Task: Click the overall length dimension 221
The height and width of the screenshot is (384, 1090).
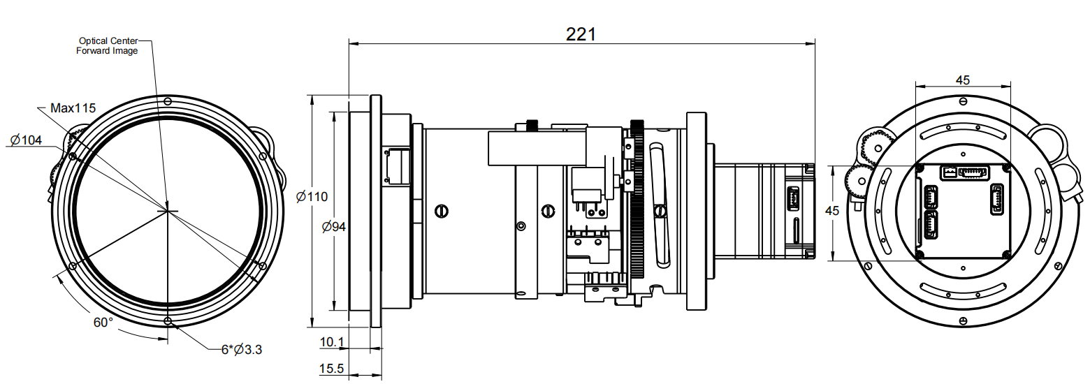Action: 581,34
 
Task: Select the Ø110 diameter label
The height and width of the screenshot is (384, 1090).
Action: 312,197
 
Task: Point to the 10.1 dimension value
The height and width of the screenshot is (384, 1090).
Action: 332,342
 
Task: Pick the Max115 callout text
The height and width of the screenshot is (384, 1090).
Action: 73,108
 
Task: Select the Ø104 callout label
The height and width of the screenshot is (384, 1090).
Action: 26,140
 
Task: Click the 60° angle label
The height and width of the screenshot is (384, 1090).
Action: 103,323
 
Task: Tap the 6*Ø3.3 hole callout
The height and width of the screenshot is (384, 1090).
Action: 242,349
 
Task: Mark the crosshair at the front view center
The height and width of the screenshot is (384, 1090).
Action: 168,210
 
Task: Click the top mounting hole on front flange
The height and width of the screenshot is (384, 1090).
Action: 168,101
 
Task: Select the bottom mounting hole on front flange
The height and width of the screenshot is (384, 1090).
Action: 168,320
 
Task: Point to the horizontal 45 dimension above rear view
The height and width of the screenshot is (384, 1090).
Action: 962,80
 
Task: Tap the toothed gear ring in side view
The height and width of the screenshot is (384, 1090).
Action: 637,209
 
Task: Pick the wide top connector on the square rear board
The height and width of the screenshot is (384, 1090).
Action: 973,172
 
